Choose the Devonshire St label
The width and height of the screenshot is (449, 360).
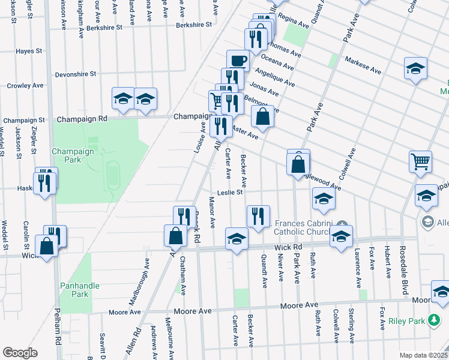click(x=76, y=74)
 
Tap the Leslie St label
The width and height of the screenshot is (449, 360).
click(x=229, y=193)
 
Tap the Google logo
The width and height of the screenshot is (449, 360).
click(x=20, y=352)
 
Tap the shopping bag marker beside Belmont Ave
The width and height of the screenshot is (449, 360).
click(x=262, y=117)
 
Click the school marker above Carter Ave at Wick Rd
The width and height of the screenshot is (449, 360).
click(x=237, y=239)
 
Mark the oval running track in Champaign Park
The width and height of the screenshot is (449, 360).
click(x=112, y=173)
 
